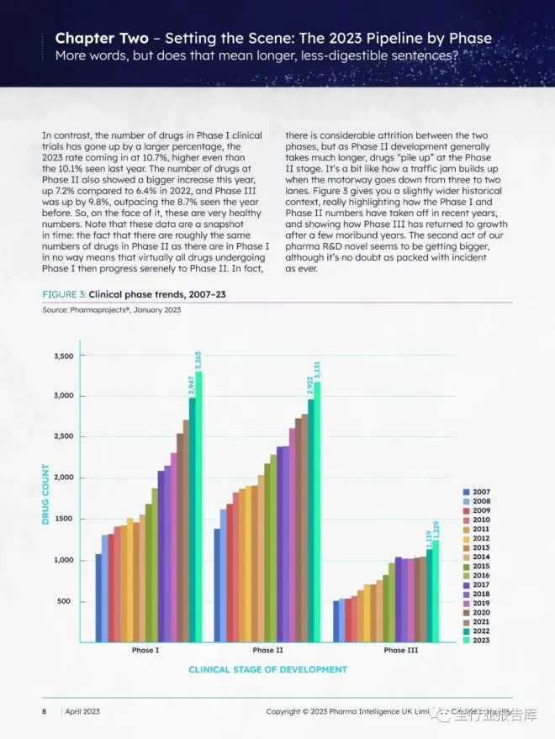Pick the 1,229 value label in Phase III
pos(436,530)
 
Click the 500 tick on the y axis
pos(66,602)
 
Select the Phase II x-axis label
pos(267,650)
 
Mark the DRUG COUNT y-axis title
pos(47,495)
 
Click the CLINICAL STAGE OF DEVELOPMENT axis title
pos(267,670)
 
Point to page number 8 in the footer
pos(45,711)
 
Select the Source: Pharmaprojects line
pos(111,310)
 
